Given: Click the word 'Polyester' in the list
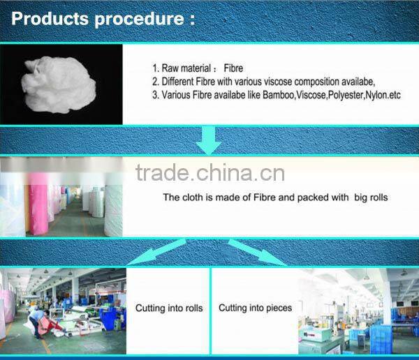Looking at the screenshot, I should [x=338, y=94].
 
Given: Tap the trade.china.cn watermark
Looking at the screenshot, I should [x=210, y=172].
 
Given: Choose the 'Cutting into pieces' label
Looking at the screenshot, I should [x=255, y=308].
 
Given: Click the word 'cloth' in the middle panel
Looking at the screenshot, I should [x=191, y=197].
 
